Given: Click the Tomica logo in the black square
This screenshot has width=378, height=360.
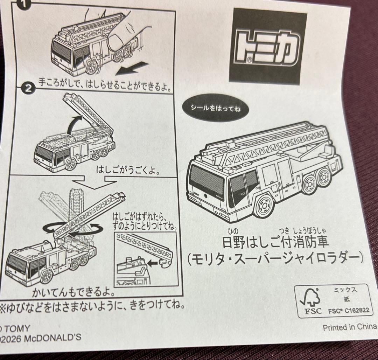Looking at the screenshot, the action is (267, 48).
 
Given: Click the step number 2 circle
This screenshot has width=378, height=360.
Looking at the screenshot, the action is (28, 89).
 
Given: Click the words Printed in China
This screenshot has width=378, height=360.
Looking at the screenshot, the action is (350, 327).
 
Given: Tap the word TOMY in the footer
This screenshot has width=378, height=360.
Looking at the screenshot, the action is (17, 328).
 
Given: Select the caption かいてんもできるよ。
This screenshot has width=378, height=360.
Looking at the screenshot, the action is (74, 292).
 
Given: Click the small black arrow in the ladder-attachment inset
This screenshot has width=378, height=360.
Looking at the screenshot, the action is (152, 263).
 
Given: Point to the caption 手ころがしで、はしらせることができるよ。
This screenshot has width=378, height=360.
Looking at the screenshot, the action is (105, 85).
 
